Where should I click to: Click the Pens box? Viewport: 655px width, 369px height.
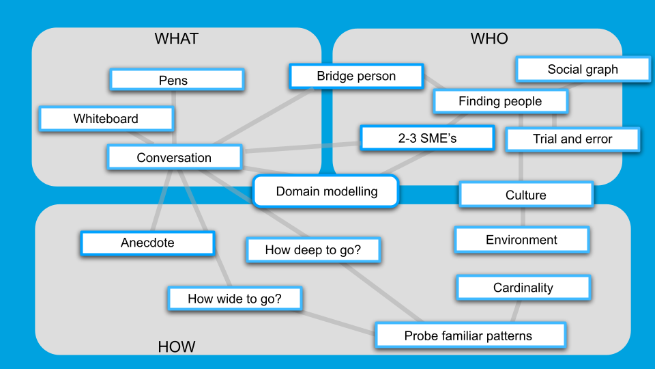177,80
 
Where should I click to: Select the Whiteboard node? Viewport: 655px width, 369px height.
106,119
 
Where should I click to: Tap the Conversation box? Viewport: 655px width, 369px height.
175,158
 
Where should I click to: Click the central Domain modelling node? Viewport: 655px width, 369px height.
326,191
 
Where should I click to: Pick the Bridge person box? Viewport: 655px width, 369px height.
356,76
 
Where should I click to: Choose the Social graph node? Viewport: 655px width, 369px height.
583,69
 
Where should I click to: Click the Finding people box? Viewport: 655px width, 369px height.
500,102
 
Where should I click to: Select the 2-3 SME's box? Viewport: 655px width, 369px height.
427,139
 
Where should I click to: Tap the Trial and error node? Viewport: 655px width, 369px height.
572,139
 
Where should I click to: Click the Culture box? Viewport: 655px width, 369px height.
525,195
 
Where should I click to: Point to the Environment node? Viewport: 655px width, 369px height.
521,240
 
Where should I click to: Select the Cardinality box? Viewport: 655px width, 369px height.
523,288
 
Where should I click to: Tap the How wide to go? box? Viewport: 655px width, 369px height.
235,299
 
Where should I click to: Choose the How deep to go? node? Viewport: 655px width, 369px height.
312,250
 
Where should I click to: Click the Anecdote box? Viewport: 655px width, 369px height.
147,243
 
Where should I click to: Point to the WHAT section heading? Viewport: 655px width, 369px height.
176,39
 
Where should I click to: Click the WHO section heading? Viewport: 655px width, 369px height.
489,39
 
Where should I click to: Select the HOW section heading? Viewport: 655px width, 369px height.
177,347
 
